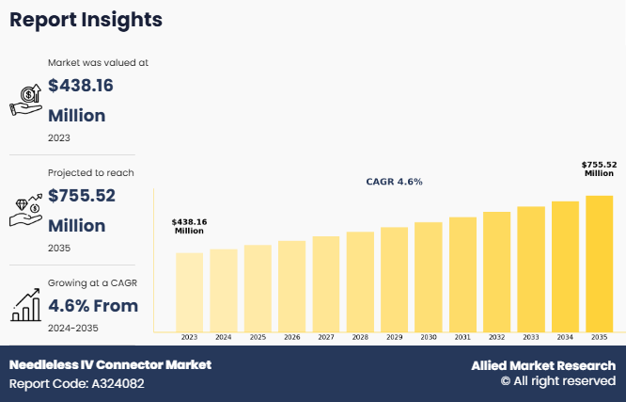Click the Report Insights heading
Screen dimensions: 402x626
click(86, 20)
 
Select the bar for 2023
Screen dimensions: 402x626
click(189, 292)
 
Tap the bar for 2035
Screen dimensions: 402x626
click(599, 264)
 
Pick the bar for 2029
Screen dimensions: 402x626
click(394, 279)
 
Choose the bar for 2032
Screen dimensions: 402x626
click(496, 271)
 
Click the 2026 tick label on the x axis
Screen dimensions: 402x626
click(291, 337)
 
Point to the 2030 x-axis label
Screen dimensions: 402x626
click(428, 337)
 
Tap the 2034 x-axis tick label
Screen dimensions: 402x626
click(565, 337)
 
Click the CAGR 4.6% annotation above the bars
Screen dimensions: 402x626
click(394, 182)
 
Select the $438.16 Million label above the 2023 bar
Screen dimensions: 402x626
click(189, 226)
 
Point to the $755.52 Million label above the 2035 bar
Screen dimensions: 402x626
click(599, 169)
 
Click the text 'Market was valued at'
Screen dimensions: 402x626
click(98, 63)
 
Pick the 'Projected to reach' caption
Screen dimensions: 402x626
click(90, 172)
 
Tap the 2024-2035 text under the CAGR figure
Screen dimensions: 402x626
click(72, 328)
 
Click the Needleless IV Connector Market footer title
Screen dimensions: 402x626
click(110, 365)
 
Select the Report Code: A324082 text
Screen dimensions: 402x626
click(77, 384)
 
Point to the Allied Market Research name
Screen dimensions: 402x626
click(543, 365)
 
